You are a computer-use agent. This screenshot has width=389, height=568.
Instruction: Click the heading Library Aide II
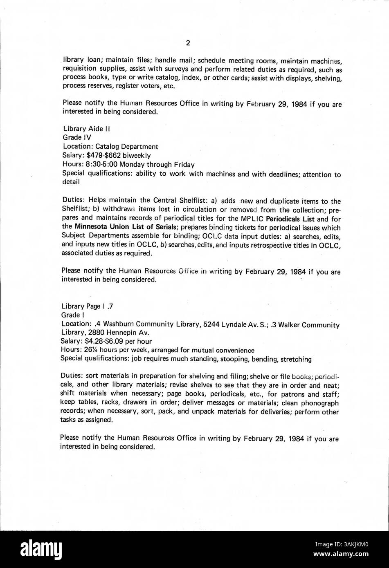86,129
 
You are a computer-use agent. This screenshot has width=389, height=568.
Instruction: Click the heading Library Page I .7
84,306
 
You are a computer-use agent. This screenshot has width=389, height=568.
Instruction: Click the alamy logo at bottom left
39,549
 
